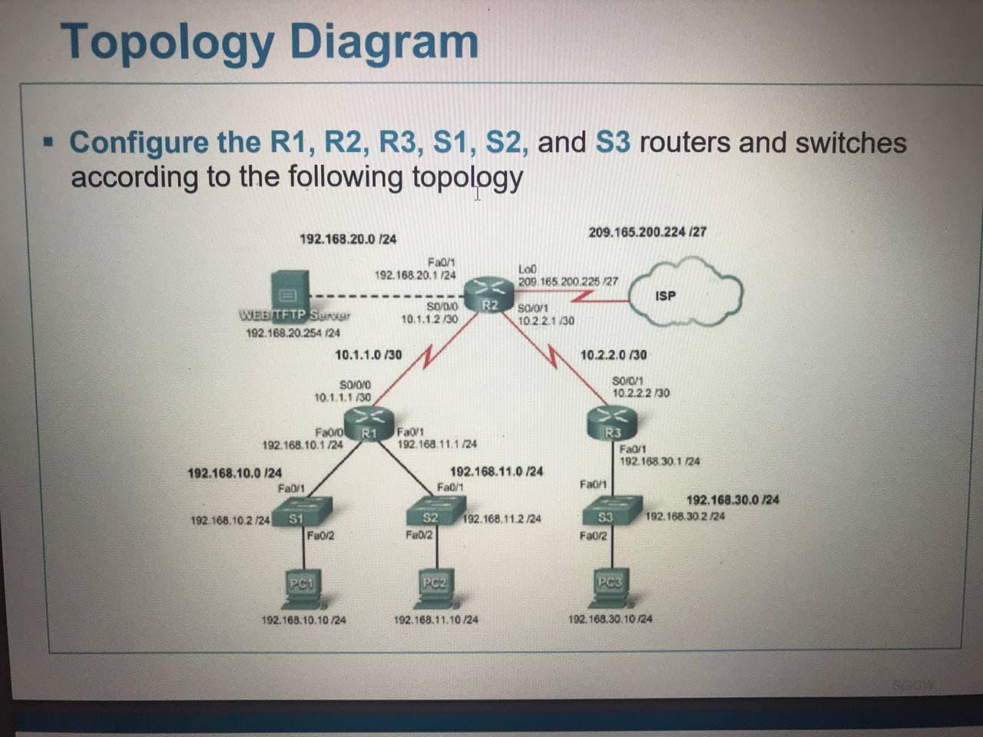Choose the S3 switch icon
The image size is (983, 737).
pyautogui.click(x=611, y=510)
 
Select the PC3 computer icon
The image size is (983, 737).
pyautogui.click(x=610, y=587)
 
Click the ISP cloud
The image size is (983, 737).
pyautogui.click(x=685, y=290)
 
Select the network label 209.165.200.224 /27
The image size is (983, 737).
pyautogui.click(x=647, y=232)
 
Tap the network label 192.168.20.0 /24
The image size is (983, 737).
pyautogui.click(x=348, y=240)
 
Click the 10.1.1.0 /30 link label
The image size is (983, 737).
pyautogui.click(x=369, y=355)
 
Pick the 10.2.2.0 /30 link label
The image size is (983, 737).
pyautogui.click(x=613, y=355)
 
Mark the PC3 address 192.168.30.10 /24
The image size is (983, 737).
pyautogui.click(x=611, y=619)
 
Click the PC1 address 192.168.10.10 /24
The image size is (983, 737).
pyautogui.click(x=303, y=620)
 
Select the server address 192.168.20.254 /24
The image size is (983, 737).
pyautogui.click(x=293, y=333)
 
